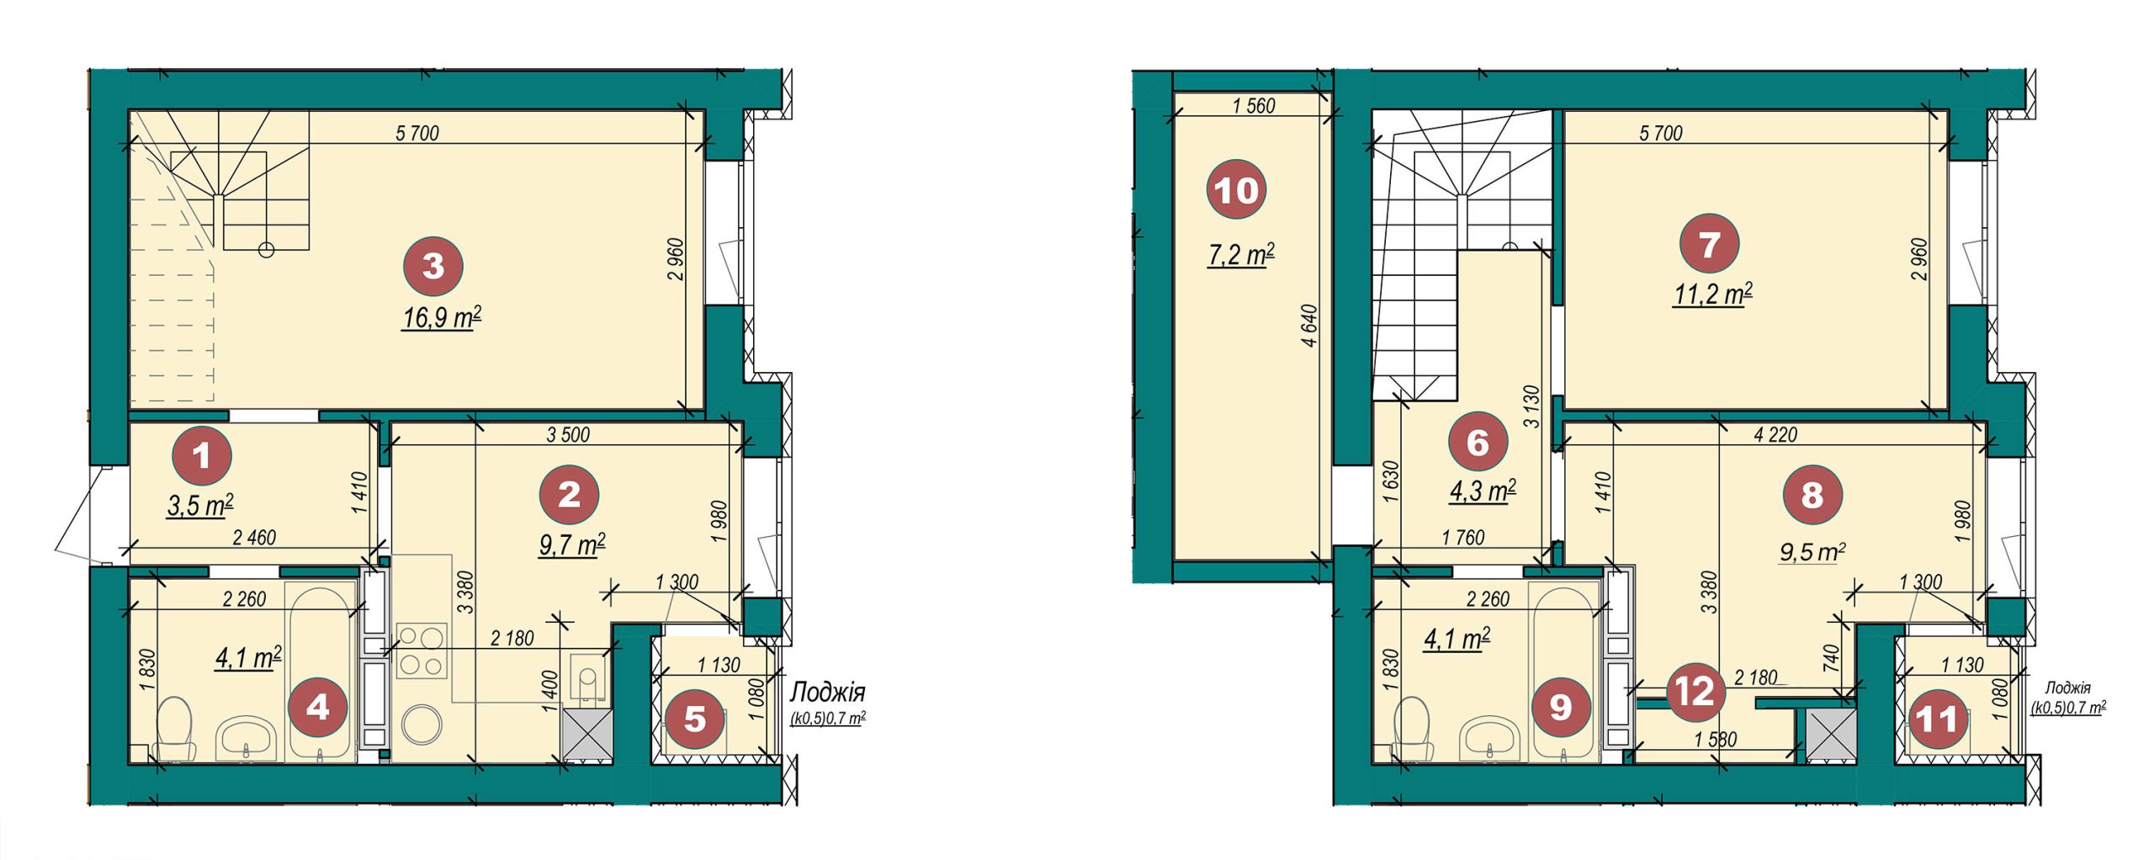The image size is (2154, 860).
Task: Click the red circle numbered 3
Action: (432, 266)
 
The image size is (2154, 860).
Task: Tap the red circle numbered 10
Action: (1236, 191)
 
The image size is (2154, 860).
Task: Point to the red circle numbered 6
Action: (1478, 442)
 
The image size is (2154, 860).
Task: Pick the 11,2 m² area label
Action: (1712, 295)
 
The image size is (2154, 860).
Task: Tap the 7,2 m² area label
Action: (1241, 254)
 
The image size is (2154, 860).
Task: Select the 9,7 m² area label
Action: (572, 545)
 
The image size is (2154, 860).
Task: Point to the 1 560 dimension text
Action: (1254, 106)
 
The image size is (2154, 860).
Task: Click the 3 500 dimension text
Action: (568, 435)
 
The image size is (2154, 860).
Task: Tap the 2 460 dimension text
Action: (253, 538)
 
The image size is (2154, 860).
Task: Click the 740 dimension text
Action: (1841, 656)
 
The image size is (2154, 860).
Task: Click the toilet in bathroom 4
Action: (176, 728)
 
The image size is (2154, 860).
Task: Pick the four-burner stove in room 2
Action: (421, 650)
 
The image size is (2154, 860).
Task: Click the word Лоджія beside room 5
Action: (827, 693)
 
